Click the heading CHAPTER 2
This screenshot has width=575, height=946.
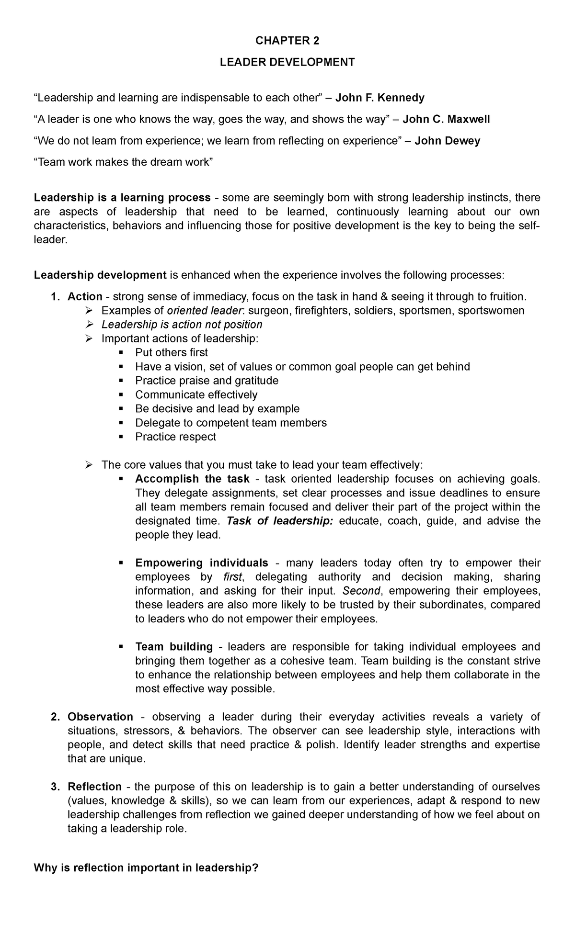point(287,41)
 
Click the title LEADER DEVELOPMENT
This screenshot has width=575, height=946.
point(287,63)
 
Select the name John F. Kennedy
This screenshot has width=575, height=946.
point(379,98)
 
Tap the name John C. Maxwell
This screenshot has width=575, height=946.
point(446,119)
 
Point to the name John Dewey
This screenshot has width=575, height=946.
point(447,141)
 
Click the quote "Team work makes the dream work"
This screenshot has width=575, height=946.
point(123,162)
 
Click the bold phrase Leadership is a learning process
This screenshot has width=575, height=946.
point(122,198)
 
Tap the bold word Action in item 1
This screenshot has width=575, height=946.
point(85,297)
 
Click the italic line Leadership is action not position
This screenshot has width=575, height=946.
point(182,325)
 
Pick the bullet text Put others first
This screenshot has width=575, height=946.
point(172,353)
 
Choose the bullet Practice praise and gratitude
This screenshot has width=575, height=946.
point(207,381)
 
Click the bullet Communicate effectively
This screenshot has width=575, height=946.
point(196,395)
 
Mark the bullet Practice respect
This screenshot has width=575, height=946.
point(175,437)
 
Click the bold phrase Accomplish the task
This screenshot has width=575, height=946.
point(192,479)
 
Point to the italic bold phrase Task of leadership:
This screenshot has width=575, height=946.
point(279,521)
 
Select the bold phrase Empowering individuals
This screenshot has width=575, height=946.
point(201,563)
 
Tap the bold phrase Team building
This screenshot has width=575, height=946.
point(174,647)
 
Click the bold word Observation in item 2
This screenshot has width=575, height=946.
point(100,717)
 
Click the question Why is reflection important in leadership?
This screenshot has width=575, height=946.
point(146,868)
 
